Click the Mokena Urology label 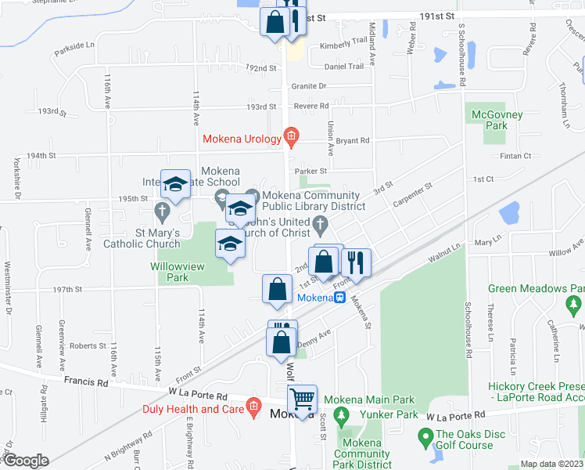242,139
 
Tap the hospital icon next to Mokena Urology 291,138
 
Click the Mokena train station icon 341,298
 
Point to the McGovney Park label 491,121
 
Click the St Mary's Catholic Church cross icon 162,210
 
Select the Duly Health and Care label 192,409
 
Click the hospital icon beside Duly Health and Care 253,407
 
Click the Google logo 25,461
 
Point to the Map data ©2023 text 551,464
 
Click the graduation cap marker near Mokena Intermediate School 176,185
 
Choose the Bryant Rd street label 354,140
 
